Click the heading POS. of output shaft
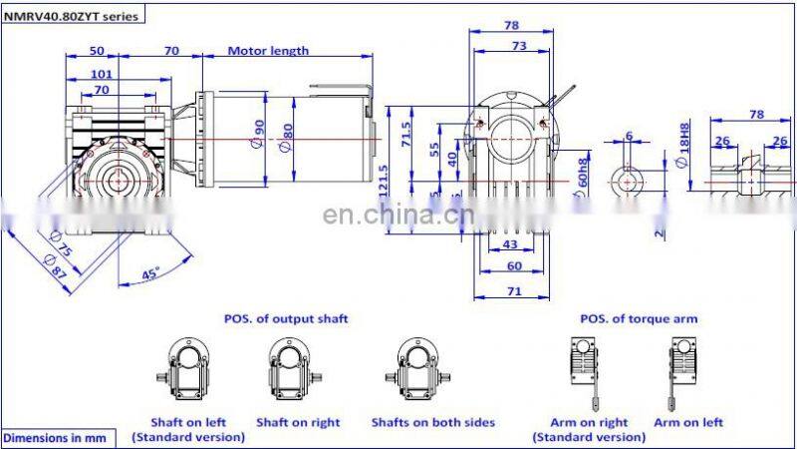286,319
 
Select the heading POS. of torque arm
639,319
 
